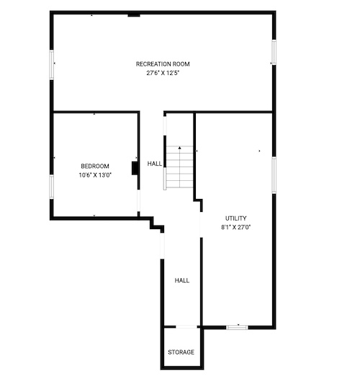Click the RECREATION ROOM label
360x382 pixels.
163,64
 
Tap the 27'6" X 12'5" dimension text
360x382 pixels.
163,73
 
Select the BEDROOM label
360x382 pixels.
95,166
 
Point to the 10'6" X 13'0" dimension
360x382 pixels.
95,175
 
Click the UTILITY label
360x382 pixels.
235,218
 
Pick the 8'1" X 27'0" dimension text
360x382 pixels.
235,227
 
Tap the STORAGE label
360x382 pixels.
181,352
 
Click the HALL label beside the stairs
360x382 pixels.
155,164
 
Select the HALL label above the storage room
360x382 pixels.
182,280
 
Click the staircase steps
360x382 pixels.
179,167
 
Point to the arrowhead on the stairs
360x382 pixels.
179,148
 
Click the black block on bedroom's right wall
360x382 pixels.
135,168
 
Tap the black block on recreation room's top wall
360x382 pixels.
134,15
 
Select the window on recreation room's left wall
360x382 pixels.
52,65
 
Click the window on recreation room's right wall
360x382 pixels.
274,52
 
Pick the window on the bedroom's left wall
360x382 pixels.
52,187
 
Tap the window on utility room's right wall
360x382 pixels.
274,175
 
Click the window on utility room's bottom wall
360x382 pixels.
237,327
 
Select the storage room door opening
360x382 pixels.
186,327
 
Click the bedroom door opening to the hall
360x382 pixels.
138,200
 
